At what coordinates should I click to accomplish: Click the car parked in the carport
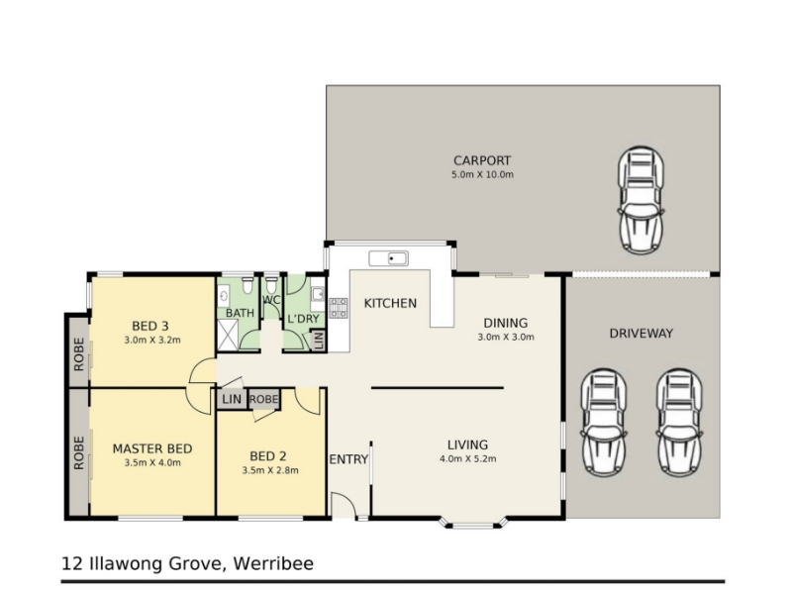point(641,201)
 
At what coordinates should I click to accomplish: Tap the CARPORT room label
point(482,160)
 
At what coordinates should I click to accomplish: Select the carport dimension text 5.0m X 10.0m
point(482,175)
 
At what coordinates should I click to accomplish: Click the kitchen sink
point(388,258)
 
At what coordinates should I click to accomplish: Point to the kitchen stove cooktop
point(339,308)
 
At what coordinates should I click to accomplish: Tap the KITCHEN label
point(390,303)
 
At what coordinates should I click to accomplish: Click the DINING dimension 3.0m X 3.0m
point(506,337)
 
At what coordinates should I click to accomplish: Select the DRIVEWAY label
point(641,334)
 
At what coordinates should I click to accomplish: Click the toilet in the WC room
point(271,285)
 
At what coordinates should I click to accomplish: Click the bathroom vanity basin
point(224,295)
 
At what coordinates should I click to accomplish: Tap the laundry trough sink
point(318,294)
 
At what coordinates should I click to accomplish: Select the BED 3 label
point(150,326)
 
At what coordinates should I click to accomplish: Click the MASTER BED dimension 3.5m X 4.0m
point(152,462)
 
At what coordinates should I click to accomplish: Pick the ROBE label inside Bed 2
point(263,399)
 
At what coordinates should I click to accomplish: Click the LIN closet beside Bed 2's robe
point(232,399)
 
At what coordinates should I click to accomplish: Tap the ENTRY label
point(348,459)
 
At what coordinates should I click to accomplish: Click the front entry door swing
point(344,505)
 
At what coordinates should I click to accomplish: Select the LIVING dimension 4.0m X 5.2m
point(467,458)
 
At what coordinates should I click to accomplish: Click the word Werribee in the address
point(273,563)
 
